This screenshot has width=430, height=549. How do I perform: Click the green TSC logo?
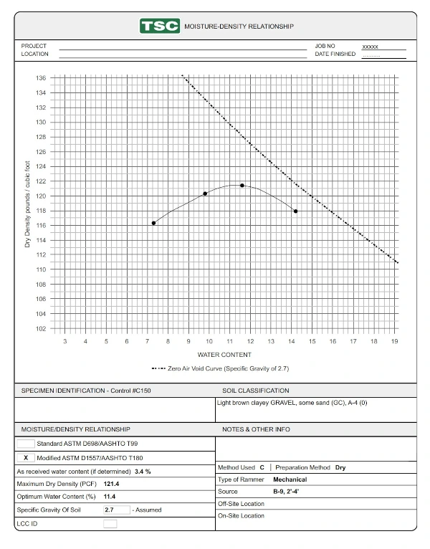160,26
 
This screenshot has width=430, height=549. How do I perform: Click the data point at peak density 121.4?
242,186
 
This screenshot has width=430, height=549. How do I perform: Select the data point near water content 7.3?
153,223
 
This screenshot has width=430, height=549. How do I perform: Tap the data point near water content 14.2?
295,211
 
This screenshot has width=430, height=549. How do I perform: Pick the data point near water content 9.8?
205,194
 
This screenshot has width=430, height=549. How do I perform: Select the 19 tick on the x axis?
394,342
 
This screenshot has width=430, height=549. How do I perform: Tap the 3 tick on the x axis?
65,342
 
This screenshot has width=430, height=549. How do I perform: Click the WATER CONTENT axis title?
224,355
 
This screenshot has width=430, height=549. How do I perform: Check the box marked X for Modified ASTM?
25,457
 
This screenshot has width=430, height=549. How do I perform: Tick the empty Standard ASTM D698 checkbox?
25,444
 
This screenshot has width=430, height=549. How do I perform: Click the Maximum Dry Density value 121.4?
112,484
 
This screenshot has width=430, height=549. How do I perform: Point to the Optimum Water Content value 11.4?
110,497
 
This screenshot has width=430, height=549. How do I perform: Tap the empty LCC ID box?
110,524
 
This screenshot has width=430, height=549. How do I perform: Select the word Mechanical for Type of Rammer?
290,479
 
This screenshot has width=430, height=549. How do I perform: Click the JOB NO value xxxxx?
371,46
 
